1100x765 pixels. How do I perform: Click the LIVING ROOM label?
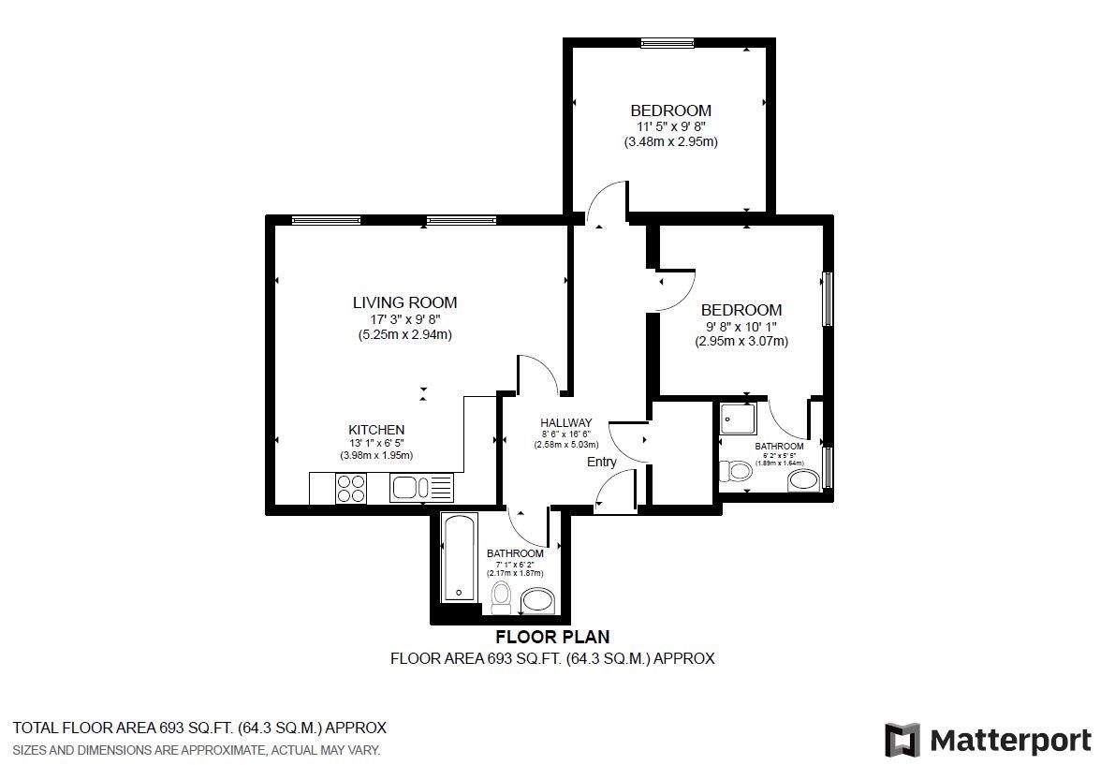[404, 302]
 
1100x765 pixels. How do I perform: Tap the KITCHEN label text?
[376, 430]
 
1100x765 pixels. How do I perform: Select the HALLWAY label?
[565, 423]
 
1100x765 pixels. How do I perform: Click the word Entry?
[602, 462]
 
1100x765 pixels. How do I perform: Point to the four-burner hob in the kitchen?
[351, 488]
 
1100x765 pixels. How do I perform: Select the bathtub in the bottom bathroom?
[460, 557]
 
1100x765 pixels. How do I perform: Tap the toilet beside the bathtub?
[502, 595]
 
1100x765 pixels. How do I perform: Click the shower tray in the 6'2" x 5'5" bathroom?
[738, 420]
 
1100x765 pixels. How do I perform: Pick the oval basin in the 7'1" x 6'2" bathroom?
[537, 599]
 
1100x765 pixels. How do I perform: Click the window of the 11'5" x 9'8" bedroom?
[667, 42]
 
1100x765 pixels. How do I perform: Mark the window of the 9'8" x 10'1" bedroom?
[827, 299]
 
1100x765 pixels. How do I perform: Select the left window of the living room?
[325, 221]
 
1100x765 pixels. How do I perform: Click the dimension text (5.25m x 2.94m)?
[404, 334]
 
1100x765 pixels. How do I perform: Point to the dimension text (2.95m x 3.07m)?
[741, 342]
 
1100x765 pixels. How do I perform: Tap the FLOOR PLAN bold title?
[552, 638]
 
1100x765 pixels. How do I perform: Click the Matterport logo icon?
[902, 739]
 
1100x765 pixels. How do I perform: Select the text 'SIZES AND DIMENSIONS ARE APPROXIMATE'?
[140, 750]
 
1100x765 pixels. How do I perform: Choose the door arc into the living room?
[539, 371]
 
